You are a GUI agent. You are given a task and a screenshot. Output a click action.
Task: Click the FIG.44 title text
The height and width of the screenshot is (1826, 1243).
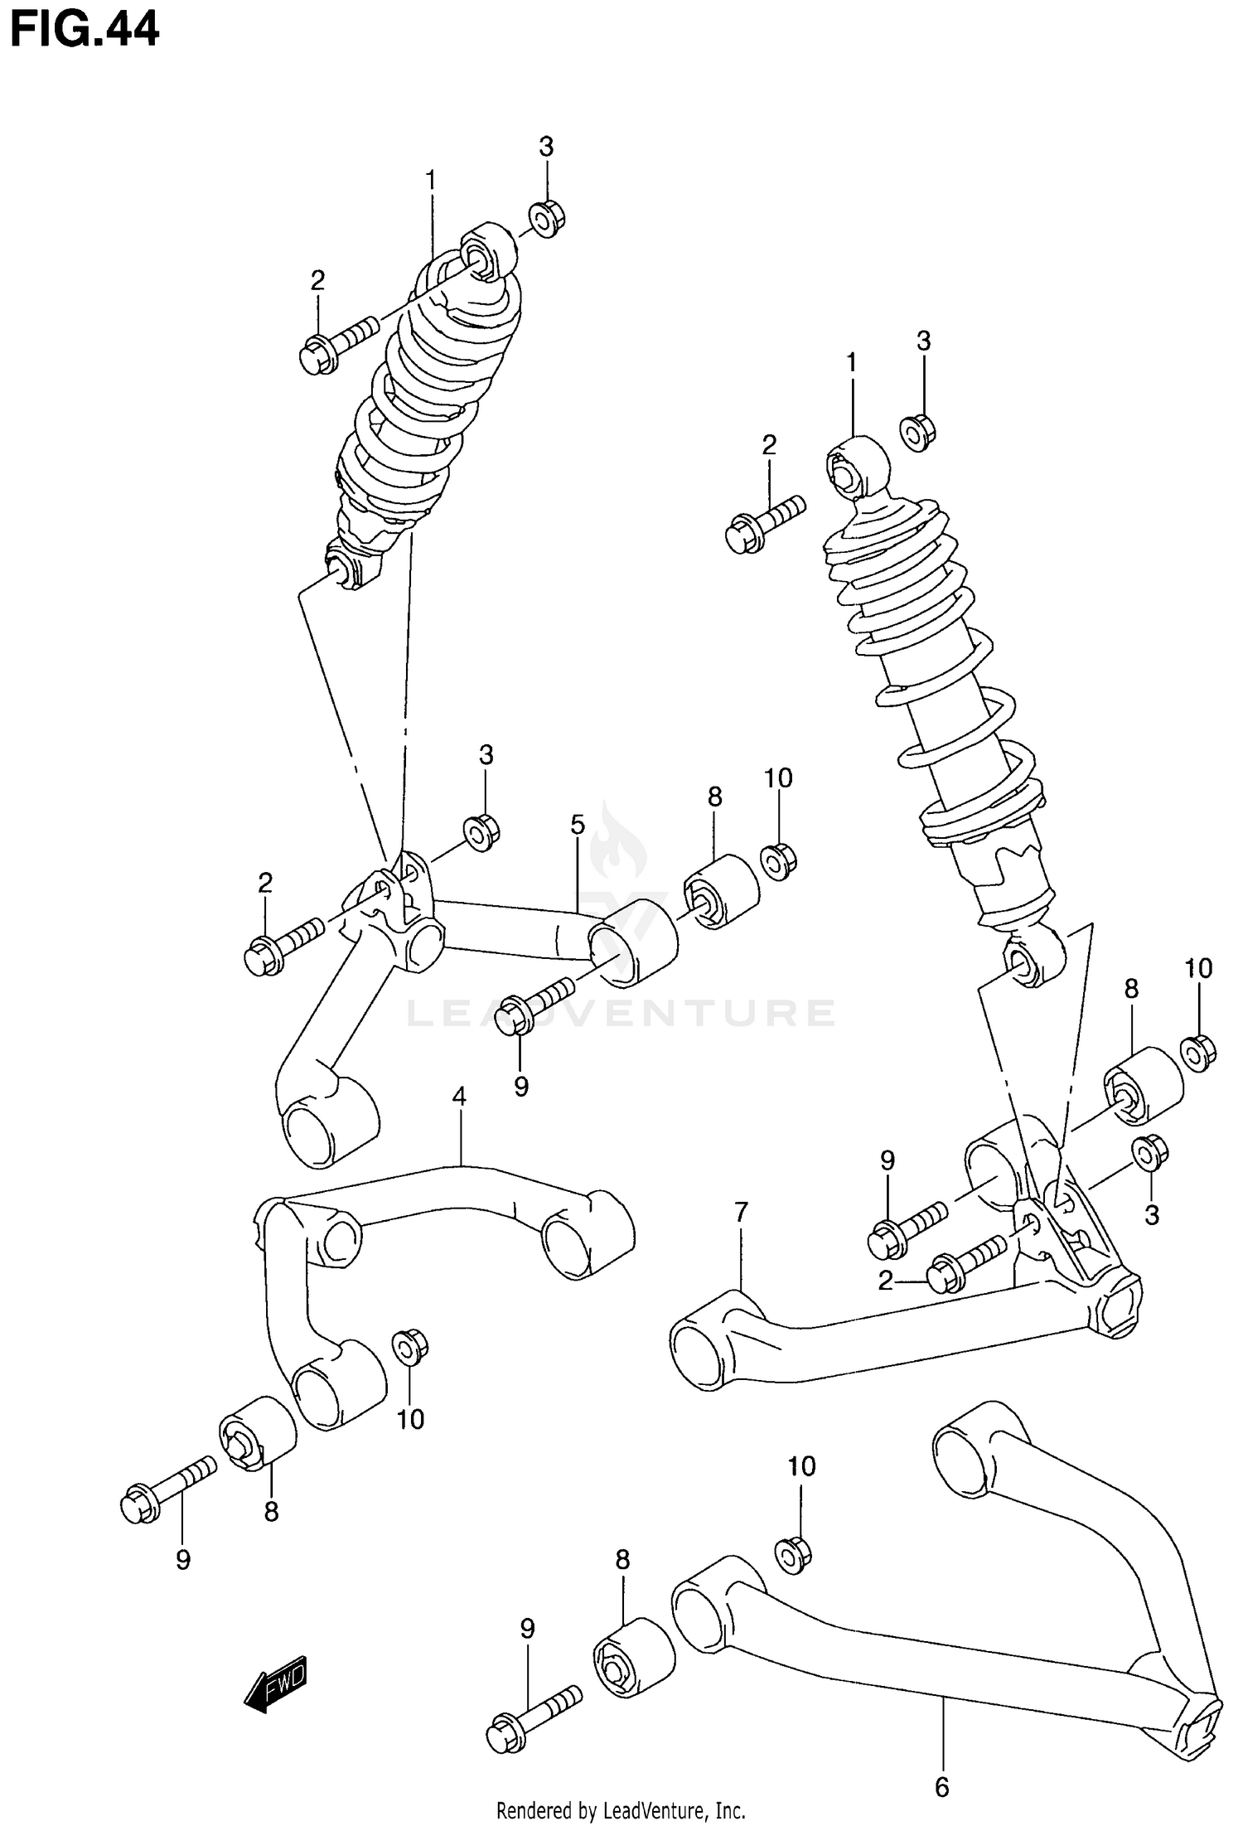pos(84,30)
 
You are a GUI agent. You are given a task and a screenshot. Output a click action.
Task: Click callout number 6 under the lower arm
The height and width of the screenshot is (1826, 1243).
pos(941,1787)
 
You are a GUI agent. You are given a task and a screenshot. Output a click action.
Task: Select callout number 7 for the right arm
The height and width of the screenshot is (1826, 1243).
pos(741,1212)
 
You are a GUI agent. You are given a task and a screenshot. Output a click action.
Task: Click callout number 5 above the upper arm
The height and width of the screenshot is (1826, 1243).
pos(578,825)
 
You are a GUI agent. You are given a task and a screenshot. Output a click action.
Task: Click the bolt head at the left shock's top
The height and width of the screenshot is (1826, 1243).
pos(317,358)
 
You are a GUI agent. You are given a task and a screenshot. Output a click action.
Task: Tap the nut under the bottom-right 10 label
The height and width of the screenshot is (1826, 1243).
pos(793,1554)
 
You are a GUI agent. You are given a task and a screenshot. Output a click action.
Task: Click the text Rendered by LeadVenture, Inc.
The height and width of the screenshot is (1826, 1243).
pos(621,1810)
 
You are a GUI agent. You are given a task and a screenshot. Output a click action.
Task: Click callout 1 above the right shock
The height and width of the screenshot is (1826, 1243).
pos(851,362)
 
